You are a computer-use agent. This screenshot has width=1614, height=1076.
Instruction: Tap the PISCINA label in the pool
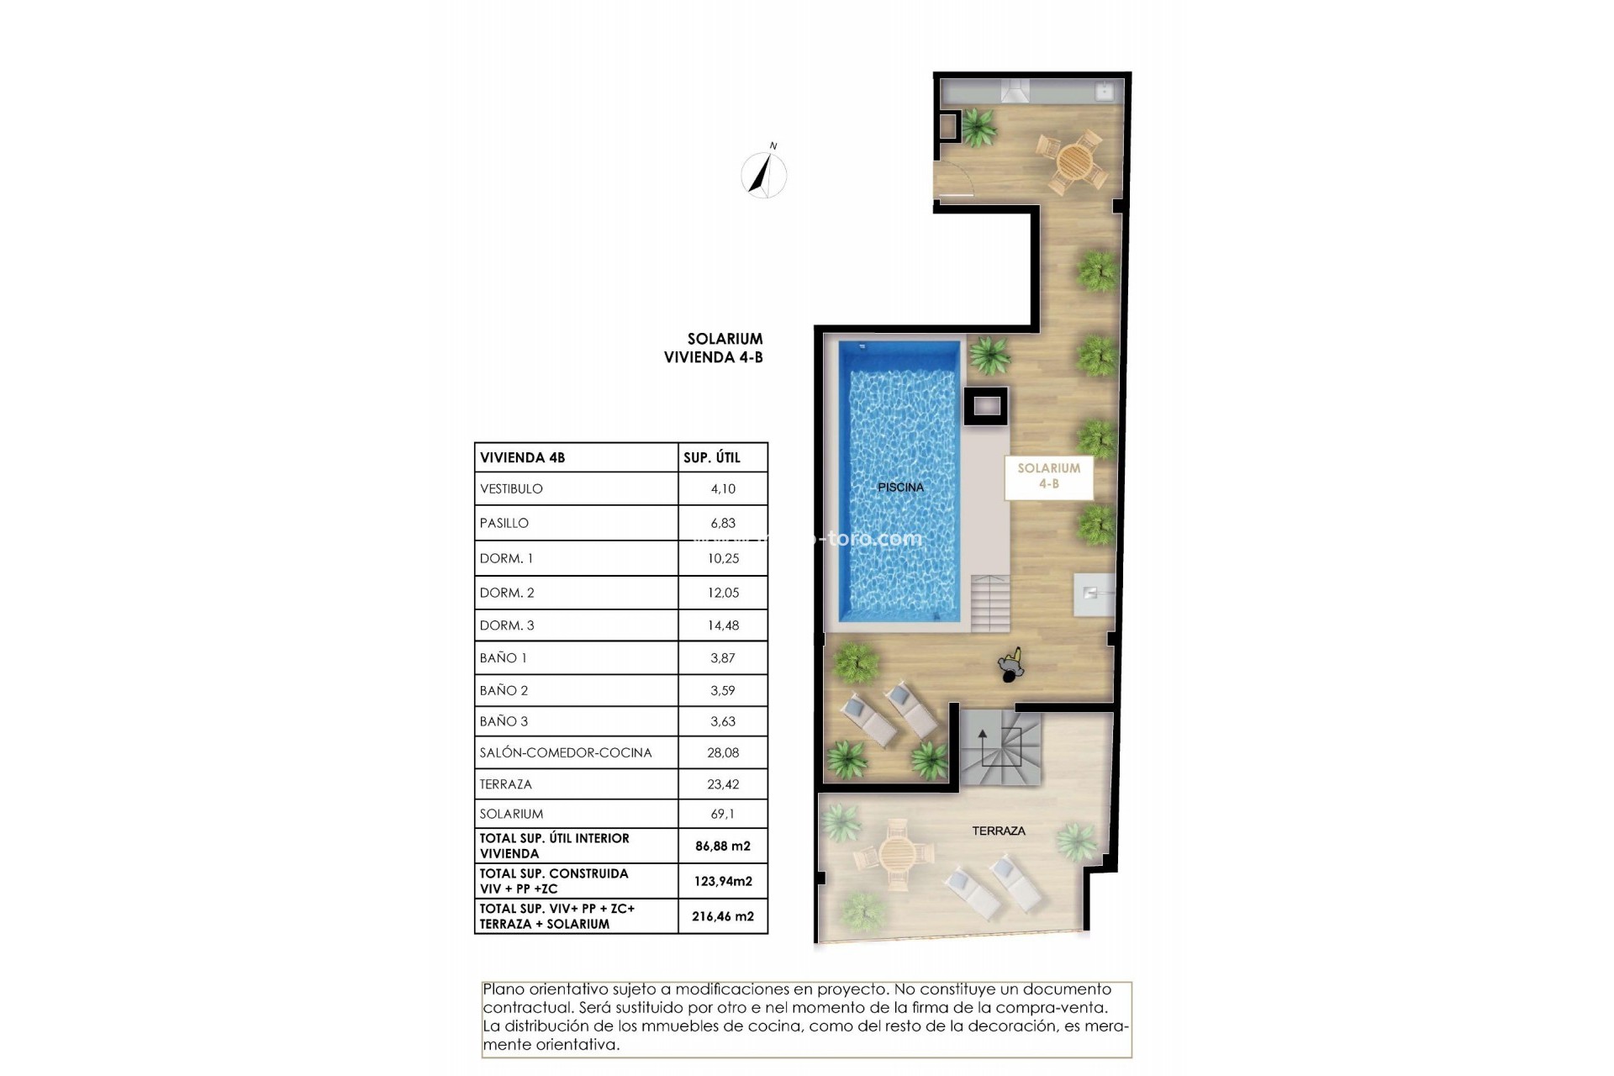click(900, 487)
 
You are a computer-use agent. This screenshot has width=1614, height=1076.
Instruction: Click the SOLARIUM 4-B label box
click(1048, 476)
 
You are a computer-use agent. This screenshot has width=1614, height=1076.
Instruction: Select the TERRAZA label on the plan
click(998, 831)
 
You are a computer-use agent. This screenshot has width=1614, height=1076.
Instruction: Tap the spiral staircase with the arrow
click(1000, 747)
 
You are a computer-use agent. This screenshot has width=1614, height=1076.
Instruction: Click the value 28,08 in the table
click(722, 752)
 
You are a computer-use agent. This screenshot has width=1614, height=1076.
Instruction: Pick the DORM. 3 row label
click(507, 625)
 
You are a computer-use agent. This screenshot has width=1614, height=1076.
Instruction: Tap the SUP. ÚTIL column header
click(711, 457)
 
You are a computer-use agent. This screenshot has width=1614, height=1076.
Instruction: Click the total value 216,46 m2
click(722, 916)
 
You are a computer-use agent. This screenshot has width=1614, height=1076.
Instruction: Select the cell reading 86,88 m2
click(722, 847)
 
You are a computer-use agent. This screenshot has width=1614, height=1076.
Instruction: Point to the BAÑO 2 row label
click(504, 690)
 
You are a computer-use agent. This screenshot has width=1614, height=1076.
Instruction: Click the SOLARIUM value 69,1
click(722, 814)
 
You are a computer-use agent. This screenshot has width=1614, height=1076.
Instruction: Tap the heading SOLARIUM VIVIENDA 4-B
click(714, 348)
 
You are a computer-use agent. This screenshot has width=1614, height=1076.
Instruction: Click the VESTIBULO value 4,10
click(722, 488)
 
